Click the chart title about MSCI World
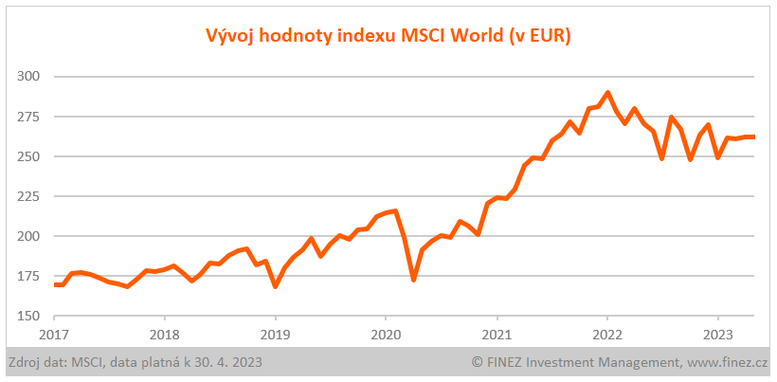388,36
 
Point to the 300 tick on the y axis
29,77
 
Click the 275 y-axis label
29,117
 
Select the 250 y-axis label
29,156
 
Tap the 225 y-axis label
29,196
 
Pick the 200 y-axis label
29,236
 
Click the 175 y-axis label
29,276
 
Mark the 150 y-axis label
29,316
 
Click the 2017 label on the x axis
54,334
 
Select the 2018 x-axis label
165,334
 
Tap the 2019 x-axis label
275,334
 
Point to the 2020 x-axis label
386,334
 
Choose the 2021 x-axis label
497,334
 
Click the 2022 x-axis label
607,334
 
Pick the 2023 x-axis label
718,334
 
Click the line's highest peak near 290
607,93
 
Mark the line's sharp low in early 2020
413,280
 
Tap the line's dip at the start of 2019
275,286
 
